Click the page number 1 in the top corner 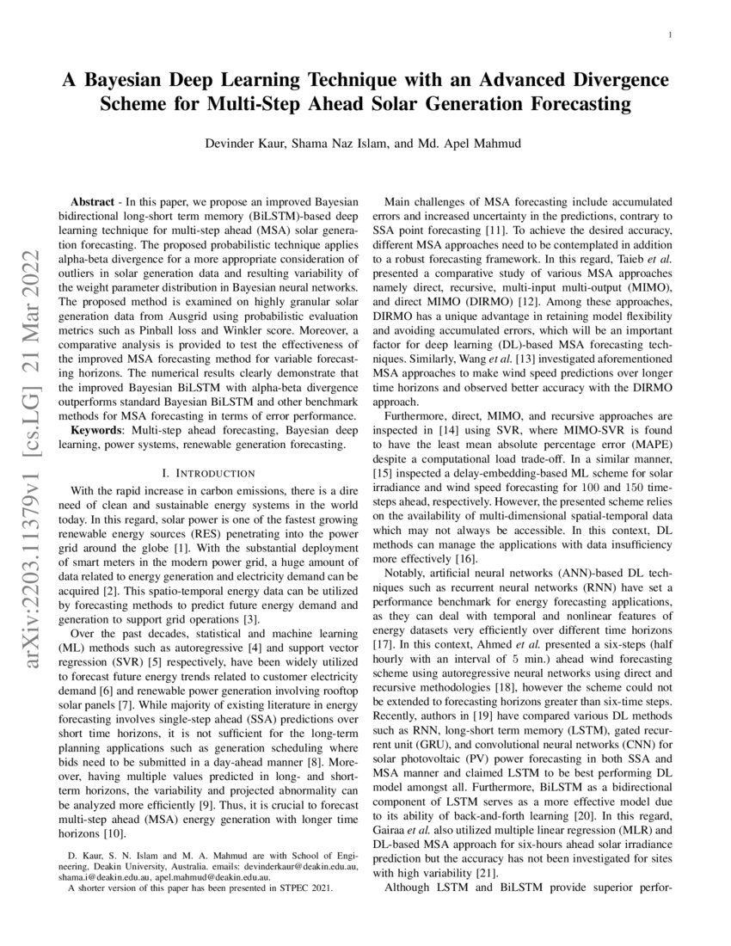669,35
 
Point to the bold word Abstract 94,197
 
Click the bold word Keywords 100,428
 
